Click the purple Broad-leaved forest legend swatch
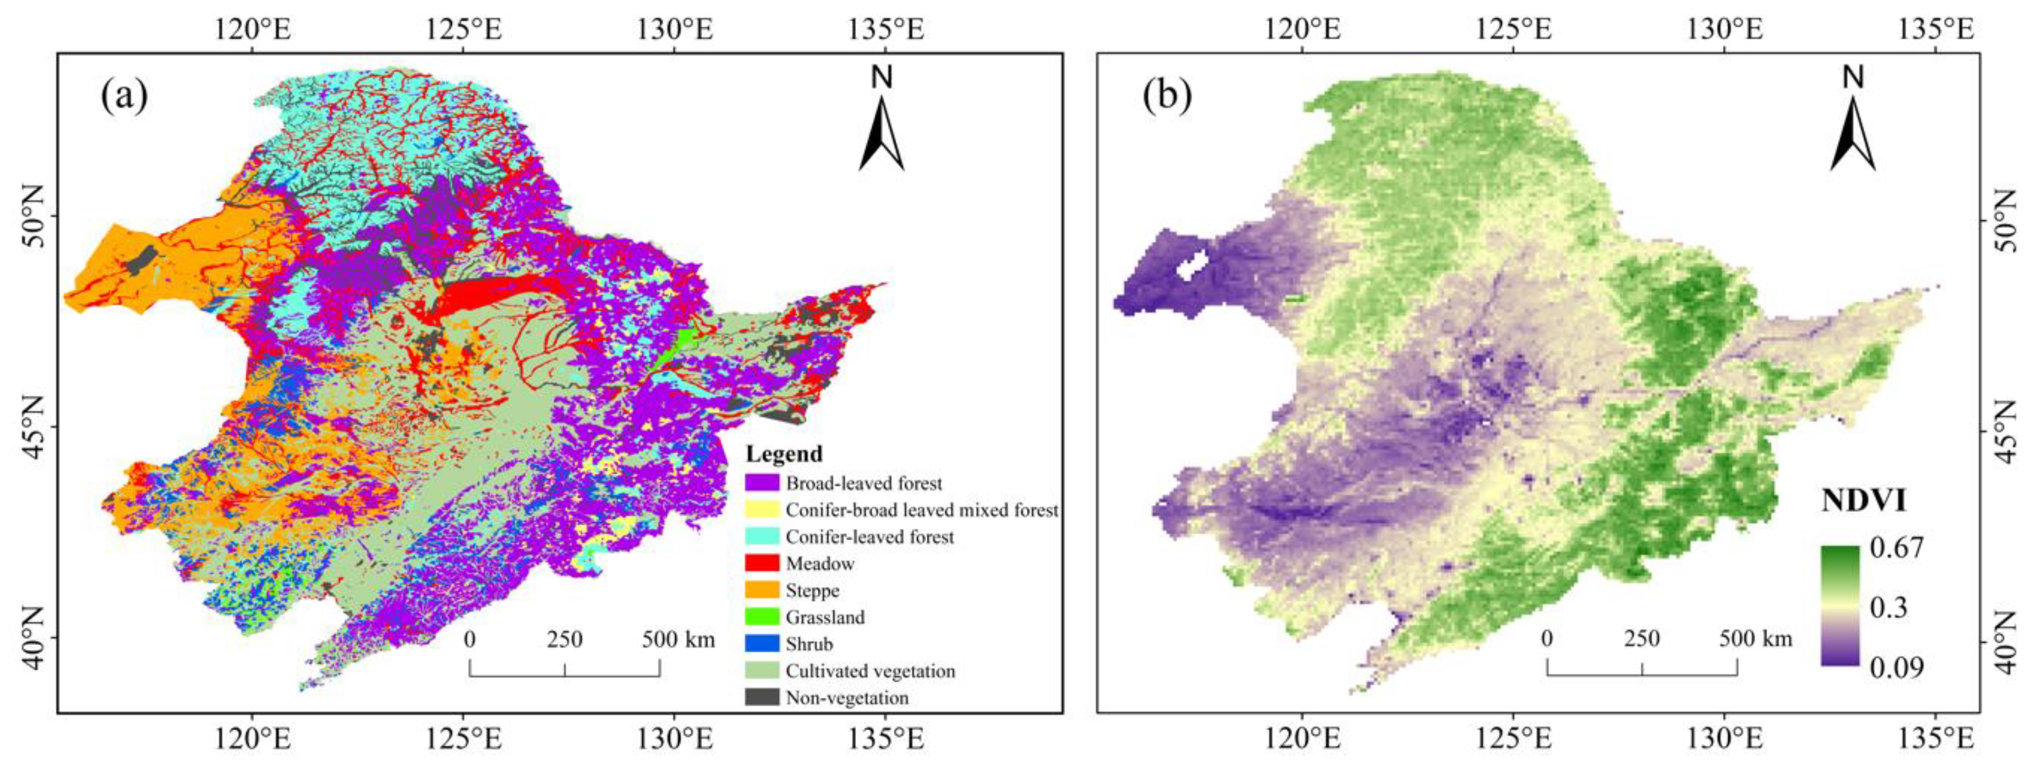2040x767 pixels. point(762,483)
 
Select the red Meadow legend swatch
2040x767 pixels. point(762,563)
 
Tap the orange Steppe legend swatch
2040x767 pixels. point(762,591)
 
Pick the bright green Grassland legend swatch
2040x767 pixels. point(762,616)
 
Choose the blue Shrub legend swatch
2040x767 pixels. point(762,643)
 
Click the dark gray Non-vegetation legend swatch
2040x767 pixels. point(762,697)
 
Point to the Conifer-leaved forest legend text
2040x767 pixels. point(870,537)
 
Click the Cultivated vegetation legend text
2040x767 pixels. point(870,671)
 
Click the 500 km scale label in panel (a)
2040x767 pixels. point(678,639)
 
